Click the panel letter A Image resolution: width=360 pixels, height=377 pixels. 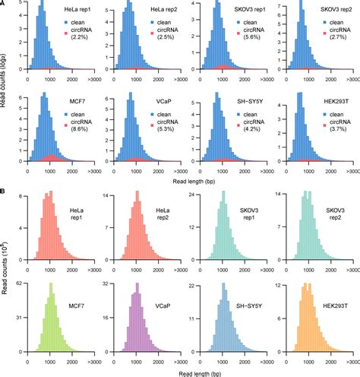pyautogui.click(x=4, y=4)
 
